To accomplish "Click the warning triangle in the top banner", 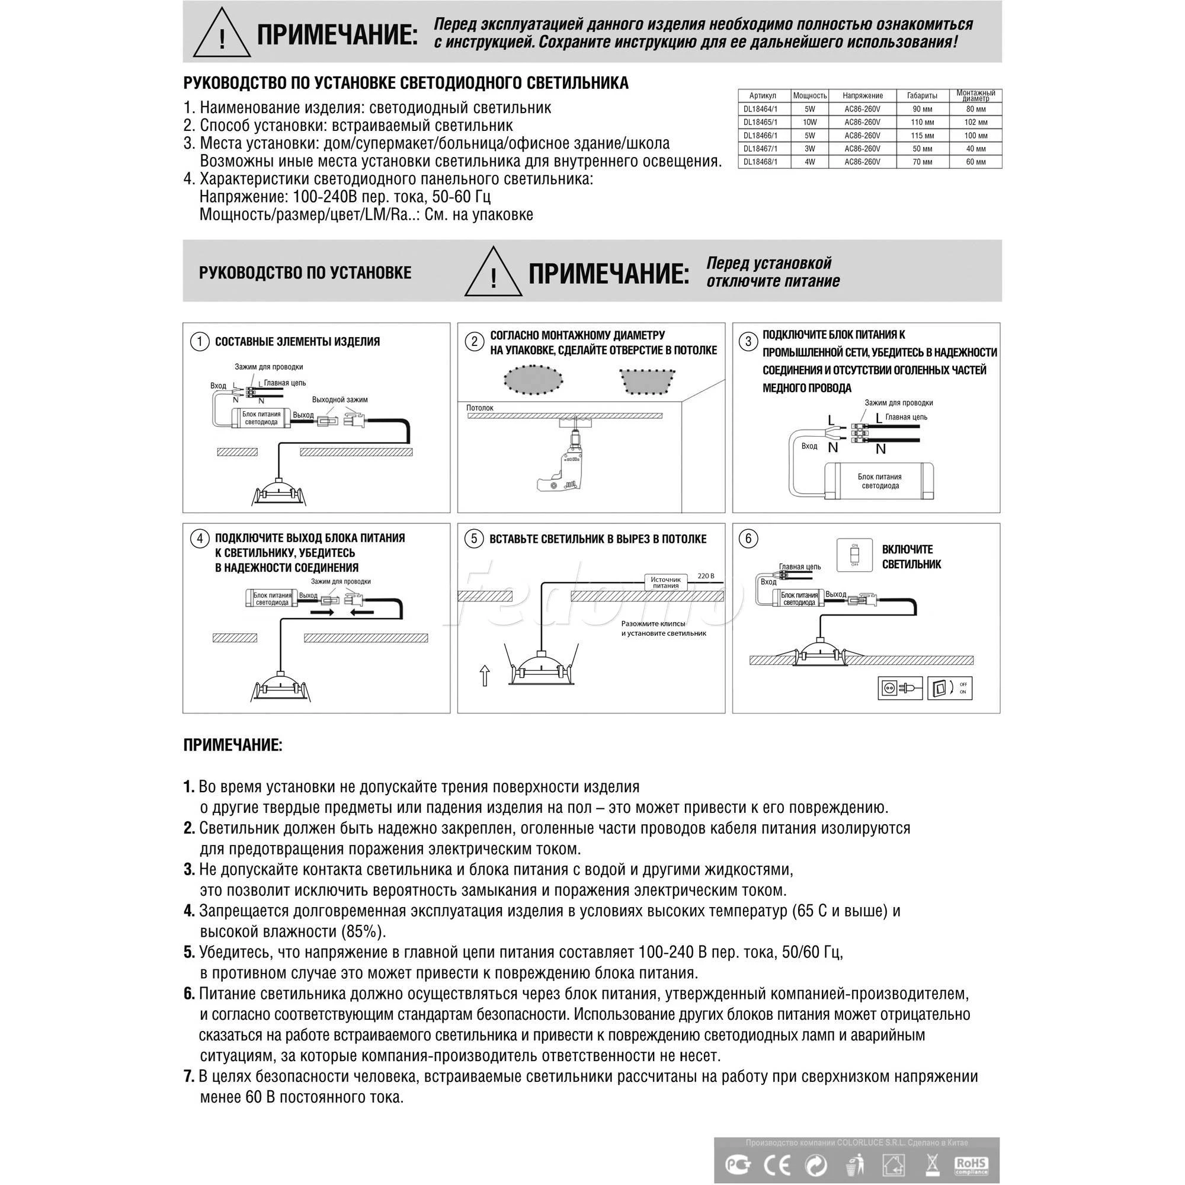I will [x=222, y=34].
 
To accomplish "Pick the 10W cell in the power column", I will [x=809, y=123].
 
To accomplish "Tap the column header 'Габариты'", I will [x=922, y=95].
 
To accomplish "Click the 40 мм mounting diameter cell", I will [x=975, y=149].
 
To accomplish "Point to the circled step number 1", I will [x=199, y=342].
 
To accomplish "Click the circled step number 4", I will [x=199, y=539].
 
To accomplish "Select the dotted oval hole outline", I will [x=533, y=380].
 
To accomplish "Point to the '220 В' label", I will [x=706, y=576].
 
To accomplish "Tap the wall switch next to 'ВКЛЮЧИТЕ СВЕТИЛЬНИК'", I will [x=854, y=555].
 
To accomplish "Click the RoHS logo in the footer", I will [x=971, y=1164].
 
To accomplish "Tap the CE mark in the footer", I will [x=777, y=1164].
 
